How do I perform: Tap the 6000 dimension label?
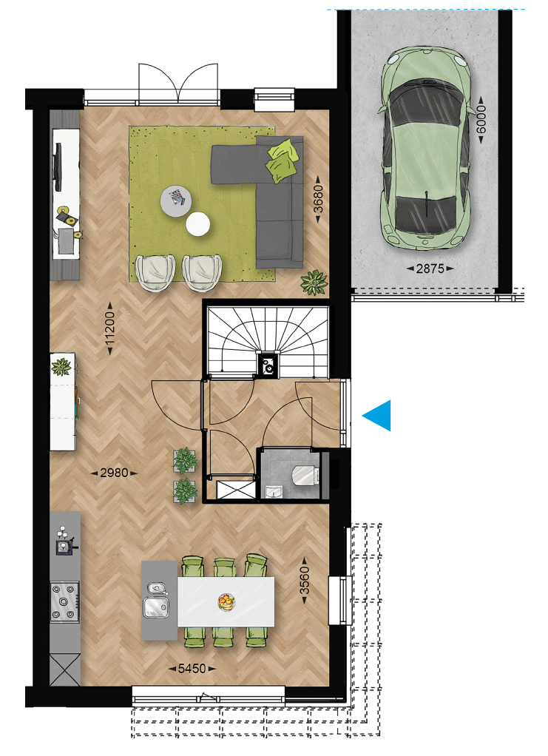click(481, 118)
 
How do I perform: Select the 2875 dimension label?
click(430, 269)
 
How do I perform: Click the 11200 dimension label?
click(110, 328)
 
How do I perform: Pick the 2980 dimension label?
click(114, 473)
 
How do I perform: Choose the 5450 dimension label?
click(192, 669)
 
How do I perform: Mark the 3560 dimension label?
click(304, 581)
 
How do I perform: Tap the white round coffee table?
click(197, 224)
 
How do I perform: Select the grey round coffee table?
click(176, 201)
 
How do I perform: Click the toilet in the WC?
click(305, 475)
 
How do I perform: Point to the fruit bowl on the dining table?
click(226, 602)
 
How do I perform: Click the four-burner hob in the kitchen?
click(65, 601)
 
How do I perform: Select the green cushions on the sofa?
click(281, 161)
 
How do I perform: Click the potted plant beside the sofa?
click(314, 283)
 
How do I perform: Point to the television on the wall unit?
click(57, 167)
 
